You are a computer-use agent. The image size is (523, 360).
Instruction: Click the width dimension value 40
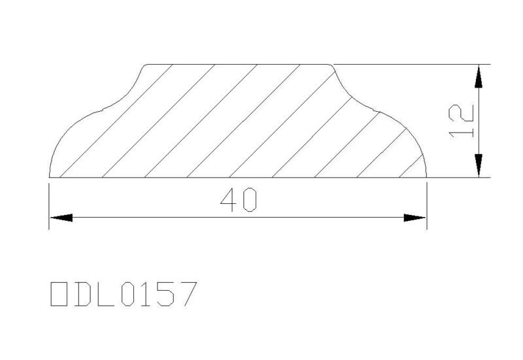tap(239, 200)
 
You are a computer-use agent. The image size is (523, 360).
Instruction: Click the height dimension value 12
tap(462, 121)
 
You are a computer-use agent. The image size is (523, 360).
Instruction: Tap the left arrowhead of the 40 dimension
tap(61, 218)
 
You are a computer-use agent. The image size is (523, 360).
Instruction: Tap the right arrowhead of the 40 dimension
tap(414, 218)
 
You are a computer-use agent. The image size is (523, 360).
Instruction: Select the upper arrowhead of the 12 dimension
tap(479, 76)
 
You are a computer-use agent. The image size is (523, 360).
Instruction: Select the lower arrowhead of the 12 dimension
tap(479, 165)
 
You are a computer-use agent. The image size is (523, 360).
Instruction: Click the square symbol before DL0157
tap(59, 294)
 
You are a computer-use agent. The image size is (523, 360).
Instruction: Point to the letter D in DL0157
tap(82, 294)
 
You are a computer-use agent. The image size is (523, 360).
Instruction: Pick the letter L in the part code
tap(106, 294)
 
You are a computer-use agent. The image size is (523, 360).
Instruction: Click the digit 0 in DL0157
tap(129, 294)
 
